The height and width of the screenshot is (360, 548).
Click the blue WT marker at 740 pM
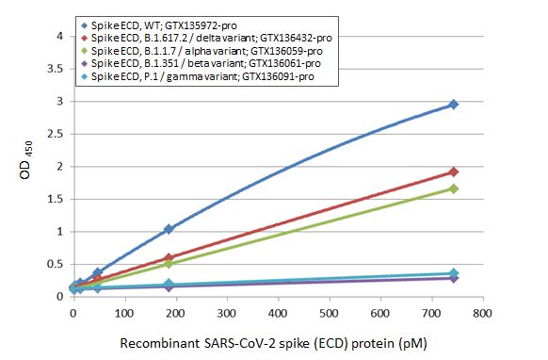(x=453, y=105)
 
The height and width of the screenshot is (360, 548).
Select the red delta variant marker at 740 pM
(x=453, y=172)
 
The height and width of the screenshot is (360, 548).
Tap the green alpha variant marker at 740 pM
(x=453, y=188)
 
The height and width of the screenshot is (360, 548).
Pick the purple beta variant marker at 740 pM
(x=453, y=278)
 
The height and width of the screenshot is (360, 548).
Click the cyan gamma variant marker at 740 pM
(x=453, y=273)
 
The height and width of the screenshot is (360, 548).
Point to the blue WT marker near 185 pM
(x=169, y=229)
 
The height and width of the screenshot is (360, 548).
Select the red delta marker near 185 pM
(x=169, y=257)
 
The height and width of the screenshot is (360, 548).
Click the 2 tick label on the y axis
(x=62, y=167)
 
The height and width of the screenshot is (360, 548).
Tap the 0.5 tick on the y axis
(x=57, y=264)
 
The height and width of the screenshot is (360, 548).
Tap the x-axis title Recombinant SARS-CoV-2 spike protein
(x=277, y=343)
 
